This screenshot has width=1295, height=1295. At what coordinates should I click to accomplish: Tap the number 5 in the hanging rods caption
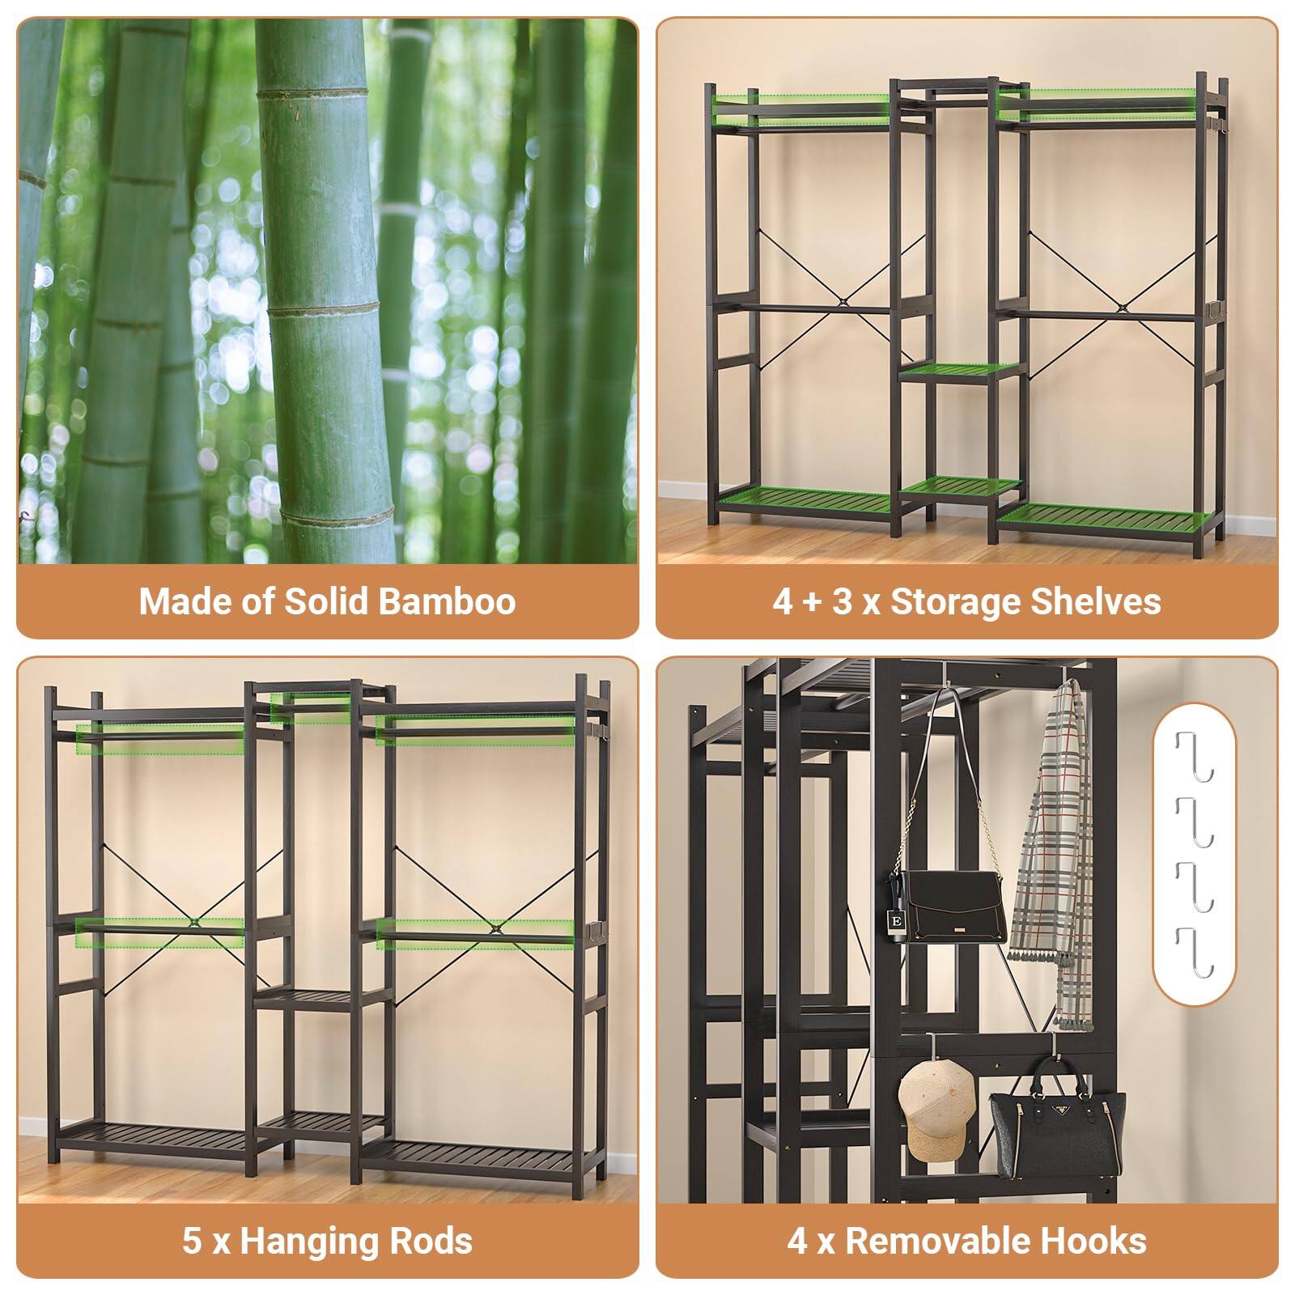tap(192, 1241)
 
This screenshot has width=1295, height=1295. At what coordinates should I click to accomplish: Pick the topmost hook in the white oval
tap(1195, 757)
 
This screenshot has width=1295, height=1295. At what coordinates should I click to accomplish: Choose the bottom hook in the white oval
tap(1195, 952)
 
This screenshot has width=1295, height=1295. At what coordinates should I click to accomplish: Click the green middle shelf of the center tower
tap(960, 372)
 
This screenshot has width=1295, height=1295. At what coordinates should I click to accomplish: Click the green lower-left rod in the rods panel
tap(159, 932)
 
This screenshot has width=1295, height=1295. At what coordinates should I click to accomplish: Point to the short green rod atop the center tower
tap(311, 707)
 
